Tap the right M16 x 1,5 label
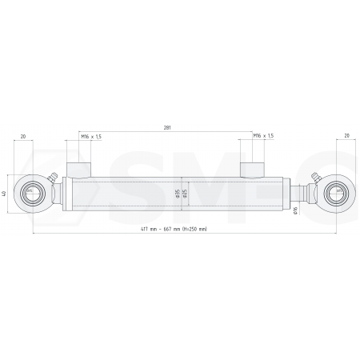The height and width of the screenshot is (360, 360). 263,137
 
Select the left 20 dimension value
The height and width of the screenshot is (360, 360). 22,137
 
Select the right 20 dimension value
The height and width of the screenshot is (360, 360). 346,137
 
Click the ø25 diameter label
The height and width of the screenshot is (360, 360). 185,194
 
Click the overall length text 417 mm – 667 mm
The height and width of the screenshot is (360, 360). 172,230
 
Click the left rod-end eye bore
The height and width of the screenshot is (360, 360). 32,194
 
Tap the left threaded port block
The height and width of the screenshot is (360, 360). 78,169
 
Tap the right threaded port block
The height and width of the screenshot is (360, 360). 254,169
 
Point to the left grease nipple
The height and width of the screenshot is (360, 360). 53,179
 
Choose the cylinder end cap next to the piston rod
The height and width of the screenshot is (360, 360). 284,194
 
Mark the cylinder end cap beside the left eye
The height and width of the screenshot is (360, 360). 67,194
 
